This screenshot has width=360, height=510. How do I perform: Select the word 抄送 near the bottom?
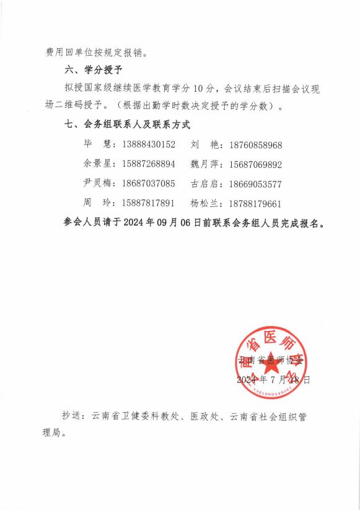72,416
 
